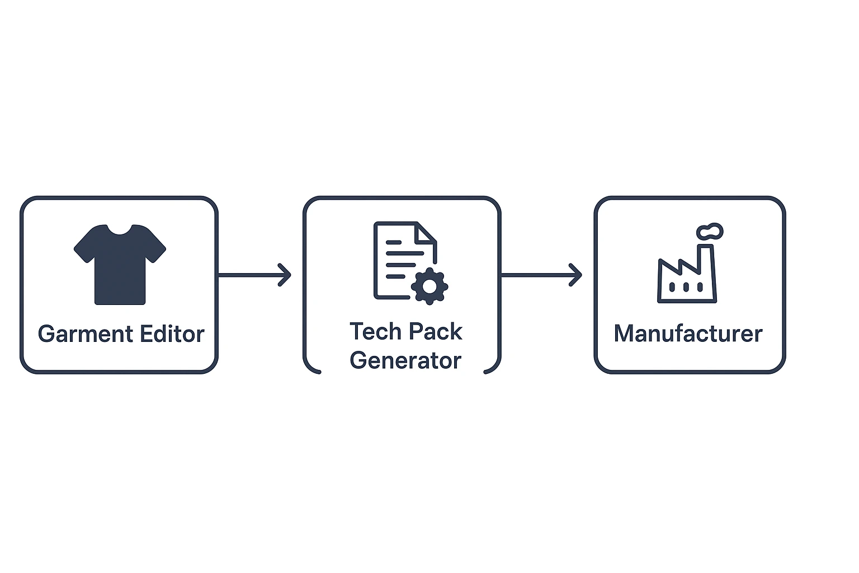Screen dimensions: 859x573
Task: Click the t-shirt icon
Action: coord(120,265)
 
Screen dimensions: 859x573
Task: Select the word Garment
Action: coord(86,334)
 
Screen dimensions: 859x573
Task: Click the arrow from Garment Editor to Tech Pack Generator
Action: coord(254,275)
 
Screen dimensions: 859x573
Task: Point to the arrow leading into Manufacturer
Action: coord(541,275)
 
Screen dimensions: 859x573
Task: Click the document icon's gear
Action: coord(429,286)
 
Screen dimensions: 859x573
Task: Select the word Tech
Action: coord(370,331)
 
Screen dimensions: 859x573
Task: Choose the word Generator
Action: coord(405,361)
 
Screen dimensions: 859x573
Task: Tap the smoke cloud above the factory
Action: coord(710,231)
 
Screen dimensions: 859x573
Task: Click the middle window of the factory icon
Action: coord(686,286)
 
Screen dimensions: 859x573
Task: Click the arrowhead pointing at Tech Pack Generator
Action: coord(285,275)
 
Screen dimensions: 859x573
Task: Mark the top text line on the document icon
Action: coord(394,242)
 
